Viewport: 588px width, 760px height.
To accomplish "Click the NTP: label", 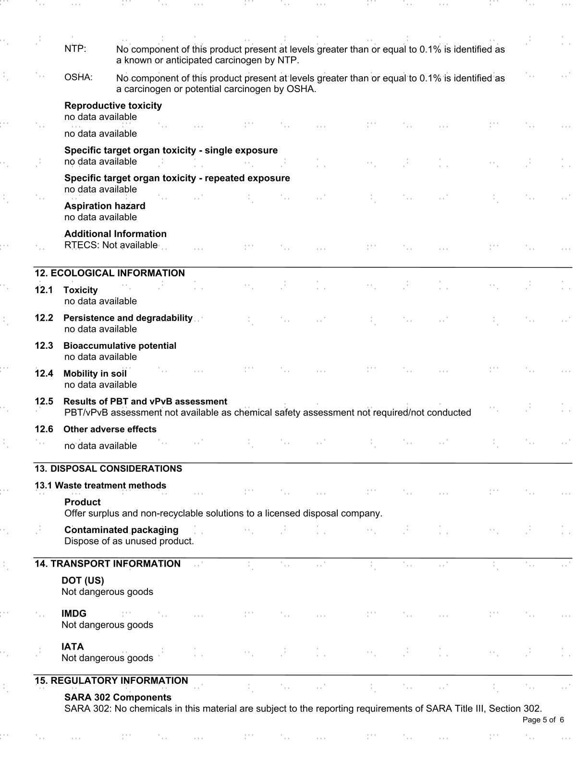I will pos(75,49).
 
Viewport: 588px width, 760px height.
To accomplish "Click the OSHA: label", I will pos(78,77).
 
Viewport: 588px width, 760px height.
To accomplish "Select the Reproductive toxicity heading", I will pos(113,106).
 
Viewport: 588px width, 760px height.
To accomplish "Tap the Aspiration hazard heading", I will pos(105,206).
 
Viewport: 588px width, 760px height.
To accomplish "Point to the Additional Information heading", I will pos(115,234).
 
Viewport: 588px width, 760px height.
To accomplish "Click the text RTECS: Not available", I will pos(110,245).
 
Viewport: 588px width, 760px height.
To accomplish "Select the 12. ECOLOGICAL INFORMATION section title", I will pos(110,273).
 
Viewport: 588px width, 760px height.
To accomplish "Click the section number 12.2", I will pos(44,318).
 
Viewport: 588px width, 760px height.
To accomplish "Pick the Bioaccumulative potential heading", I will pos(120,346).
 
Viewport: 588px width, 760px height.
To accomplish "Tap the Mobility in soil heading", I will pos(95,374).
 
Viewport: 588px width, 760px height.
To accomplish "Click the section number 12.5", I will pos(44,402).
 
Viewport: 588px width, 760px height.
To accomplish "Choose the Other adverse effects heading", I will pos(110,429).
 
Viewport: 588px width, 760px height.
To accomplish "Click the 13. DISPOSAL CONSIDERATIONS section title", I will pos(108,469).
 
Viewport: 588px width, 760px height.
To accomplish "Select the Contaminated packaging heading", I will pos(121,530).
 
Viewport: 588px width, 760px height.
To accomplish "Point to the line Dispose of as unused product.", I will pos(129,541).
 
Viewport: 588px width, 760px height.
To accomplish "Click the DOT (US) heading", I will pos(83,581).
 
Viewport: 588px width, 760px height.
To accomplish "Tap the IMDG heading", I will pos(74,614).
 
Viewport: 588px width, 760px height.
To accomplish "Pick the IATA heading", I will pos(73,647).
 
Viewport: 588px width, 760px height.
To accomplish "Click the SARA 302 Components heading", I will pos(118,698).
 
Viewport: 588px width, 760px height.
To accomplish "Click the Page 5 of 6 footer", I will pos(543,720).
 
